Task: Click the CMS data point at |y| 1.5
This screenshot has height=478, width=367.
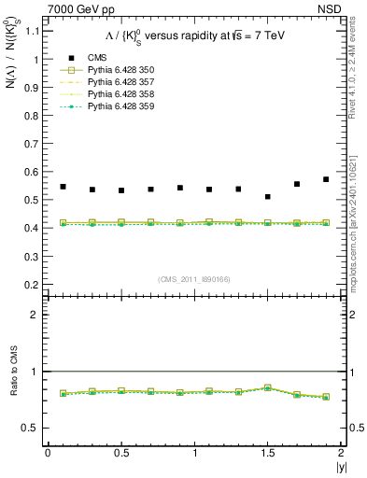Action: tap(268, 197)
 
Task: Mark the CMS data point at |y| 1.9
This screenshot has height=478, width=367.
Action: tap(326, 179)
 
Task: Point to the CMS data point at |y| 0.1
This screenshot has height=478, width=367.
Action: tap(63, 187)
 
